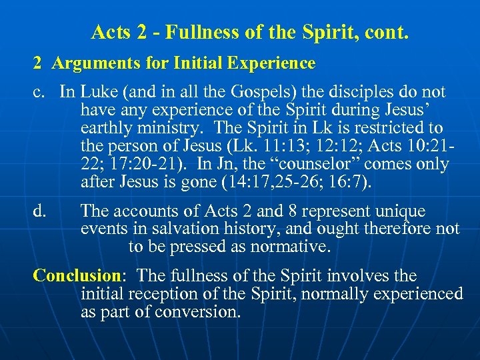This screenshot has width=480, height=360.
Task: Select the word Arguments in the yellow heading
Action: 89,63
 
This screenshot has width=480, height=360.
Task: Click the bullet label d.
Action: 40,211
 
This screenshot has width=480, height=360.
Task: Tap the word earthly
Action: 104,128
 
